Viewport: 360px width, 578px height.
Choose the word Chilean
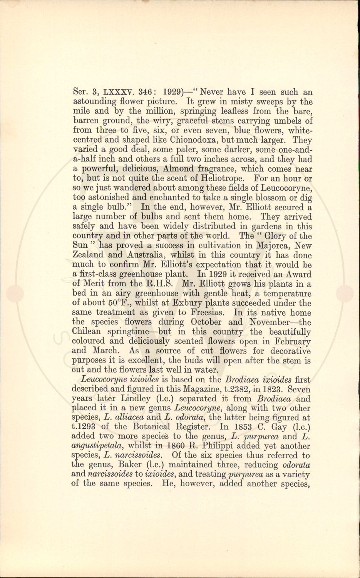click(x=87, y=332)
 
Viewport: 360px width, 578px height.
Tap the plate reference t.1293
click(x=85, y=427)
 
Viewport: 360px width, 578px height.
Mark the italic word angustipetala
click(x=97, y=446)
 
